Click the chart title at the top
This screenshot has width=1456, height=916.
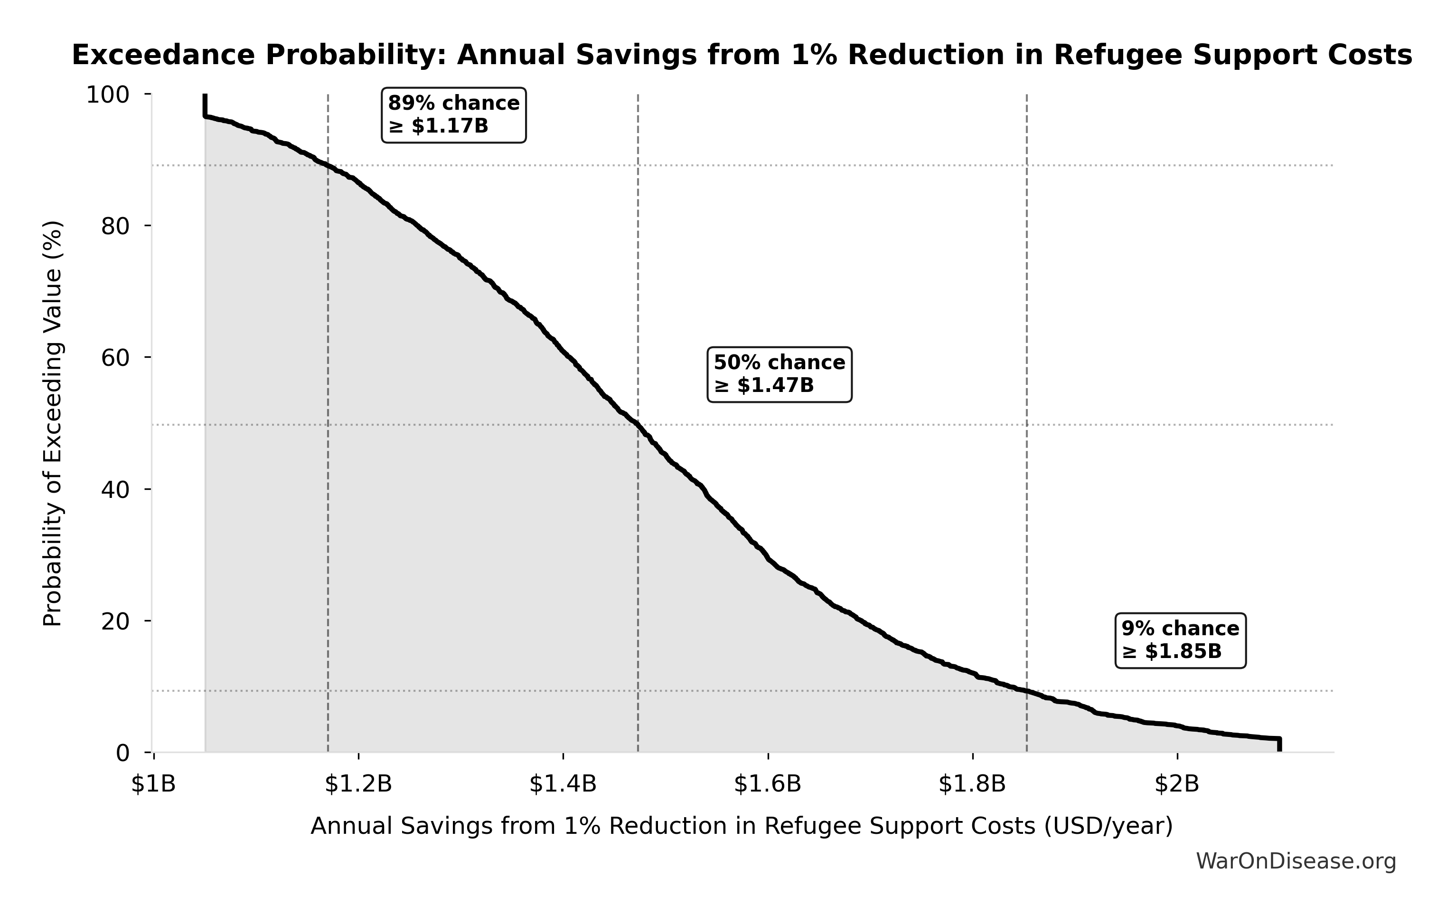coord(742,55)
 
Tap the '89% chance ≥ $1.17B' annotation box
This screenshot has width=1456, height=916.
coord(453,115)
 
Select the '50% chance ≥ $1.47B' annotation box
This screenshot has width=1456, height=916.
coord(780,374)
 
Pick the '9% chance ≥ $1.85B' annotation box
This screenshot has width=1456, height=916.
coord(1180,640)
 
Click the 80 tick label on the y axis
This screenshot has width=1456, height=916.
coord(115,226)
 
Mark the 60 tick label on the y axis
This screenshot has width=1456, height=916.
coord(115,358)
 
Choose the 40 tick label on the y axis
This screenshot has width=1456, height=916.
coord(115,489)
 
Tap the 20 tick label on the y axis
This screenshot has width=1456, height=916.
coord(115,621)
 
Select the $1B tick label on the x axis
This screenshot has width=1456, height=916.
coord(154,784)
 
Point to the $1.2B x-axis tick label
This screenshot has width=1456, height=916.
coord(358,784)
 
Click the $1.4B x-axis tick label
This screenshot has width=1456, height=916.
coord(563,784)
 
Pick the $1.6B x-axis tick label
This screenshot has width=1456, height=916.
coord(767,784)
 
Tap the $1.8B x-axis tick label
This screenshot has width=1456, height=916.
coord(972,784)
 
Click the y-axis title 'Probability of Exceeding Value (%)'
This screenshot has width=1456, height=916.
coord(53,423)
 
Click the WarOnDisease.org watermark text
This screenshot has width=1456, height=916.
coord(1296,861)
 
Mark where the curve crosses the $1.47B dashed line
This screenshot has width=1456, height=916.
coord(638,425)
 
